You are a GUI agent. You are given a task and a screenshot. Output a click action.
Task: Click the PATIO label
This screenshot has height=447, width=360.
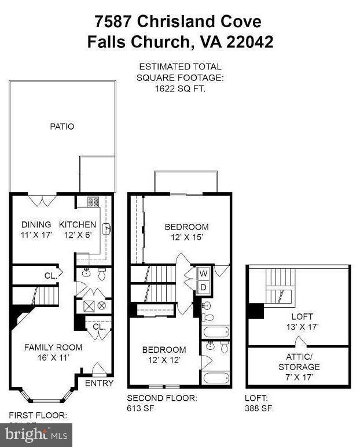point(62,126)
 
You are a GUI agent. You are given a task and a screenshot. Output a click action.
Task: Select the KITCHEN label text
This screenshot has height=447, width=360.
point(78,224)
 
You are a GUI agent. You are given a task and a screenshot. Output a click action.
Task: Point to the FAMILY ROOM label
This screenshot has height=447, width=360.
point(53,348)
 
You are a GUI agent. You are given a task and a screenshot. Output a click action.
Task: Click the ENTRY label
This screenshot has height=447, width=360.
point(99,383)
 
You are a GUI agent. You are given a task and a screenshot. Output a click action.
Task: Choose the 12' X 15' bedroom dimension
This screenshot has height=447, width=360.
point(186,237)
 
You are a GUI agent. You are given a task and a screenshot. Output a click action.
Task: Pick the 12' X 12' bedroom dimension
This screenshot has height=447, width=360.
point(164,360)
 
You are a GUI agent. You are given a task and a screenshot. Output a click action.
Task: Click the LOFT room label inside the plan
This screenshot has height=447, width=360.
point(302,316)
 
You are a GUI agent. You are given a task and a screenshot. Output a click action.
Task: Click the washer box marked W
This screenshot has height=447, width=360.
point(203,273)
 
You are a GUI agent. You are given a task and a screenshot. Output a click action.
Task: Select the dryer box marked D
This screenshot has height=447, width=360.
point(203,287)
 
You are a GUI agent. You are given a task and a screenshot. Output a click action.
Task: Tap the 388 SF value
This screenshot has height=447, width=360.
point(258,408)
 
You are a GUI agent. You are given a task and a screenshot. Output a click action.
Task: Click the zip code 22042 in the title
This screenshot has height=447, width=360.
point(247,42)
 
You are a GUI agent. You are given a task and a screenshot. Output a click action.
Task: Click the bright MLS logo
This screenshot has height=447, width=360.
point(36,434)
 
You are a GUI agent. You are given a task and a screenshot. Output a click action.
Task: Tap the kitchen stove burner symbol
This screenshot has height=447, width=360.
point(93,202)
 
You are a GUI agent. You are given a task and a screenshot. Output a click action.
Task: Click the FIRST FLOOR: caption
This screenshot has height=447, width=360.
point(38,415)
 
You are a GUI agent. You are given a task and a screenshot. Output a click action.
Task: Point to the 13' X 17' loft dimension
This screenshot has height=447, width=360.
point(302,327)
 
